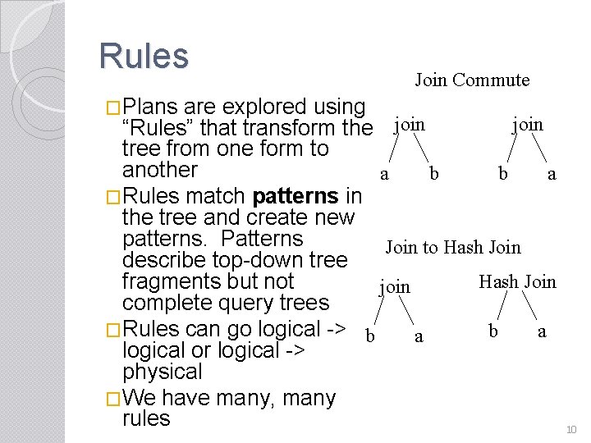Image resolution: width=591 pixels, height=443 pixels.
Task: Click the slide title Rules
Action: click(144, 56)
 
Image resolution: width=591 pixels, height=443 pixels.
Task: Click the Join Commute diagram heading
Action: click(472, 80)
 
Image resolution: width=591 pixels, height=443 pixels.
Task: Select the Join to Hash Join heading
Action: click(453, 247)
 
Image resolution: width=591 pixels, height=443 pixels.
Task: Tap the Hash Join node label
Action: click(517, 282)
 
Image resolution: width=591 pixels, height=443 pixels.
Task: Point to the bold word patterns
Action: click(296, 197)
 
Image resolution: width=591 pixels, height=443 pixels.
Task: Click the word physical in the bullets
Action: click(162, 372)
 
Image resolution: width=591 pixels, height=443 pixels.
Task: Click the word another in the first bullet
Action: click(160, 170)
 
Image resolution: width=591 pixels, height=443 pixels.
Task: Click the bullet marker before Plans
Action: click(114, 107)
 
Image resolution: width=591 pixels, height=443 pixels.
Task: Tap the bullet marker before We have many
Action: click(114, 399)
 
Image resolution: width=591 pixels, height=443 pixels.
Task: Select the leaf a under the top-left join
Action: click(384, 174)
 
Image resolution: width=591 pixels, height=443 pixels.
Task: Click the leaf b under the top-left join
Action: click(434, 174)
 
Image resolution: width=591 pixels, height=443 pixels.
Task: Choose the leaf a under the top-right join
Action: click(552, 174)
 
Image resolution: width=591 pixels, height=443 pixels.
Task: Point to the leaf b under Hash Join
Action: click(492, 331)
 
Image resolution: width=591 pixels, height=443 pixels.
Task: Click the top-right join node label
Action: click(527, 124)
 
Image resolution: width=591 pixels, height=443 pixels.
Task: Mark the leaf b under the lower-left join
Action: click(370, 336)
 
